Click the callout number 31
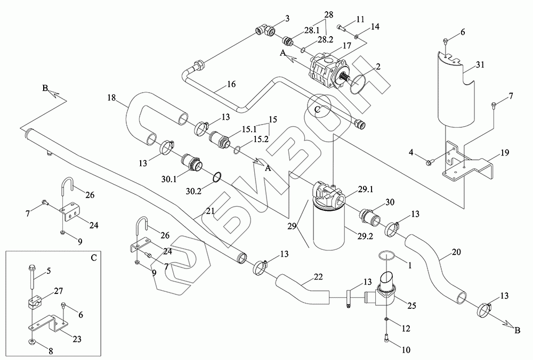tap(480, 64)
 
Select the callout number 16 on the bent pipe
tap(231, 84)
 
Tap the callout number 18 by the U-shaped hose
tap(112, 98)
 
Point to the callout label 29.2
tap(365, 235)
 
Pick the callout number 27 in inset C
tap(58, 291)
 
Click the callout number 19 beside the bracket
tap(505, 153)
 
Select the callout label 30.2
tap(193, 191)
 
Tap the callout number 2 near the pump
tap(378, 66)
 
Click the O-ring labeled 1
tap(387, 256)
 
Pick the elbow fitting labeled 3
tap(265, 31)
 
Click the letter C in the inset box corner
tap(94, 258)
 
